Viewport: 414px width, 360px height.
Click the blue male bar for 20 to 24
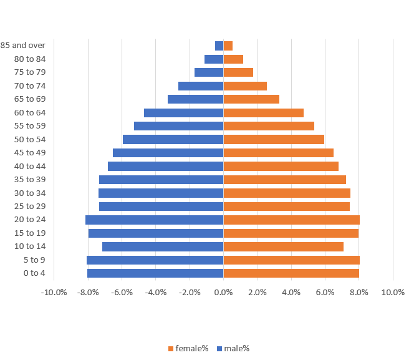click(155, 220)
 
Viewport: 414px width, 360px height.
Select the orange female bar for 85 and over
click(228, 46)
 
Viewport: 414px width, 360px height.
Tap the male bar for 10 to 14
click(163, 246)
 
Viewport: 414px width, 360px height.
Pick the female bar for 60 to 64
click(263, 113)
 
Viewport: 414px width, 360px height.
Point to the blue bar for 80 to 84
click(214, 59)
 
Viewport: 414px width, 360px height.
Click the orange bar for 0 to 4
click(291, 273)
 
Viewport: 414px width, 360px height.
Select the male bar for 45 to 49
click(168, 153)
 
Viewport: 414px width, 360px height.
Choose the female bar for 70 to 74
click(245, 86)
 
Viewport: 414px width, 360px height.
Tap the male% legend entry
click(233, 348)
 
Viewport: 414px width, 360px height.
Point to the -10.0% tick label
click(54, 292)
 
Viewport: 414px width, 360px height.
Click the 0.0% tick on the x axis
click(223, 292)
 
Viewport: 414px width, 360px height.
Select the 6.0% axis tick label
click(325, 292)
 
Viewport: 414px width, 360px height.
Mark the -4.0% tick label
click(156, 292)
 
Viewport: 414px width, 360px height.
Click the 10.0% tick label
click(393, 292)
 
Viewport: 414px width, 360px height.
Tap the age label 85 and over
click(23, 46)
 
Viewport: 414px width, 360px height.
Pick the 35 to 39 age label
click(30, 180)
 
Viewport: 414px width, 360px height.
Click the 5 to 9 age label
click(34, 260)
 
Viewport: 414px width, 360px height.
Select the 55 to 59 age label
click(30, 126)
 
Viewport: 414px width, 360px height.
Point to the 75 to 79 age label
click(30, 72)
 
